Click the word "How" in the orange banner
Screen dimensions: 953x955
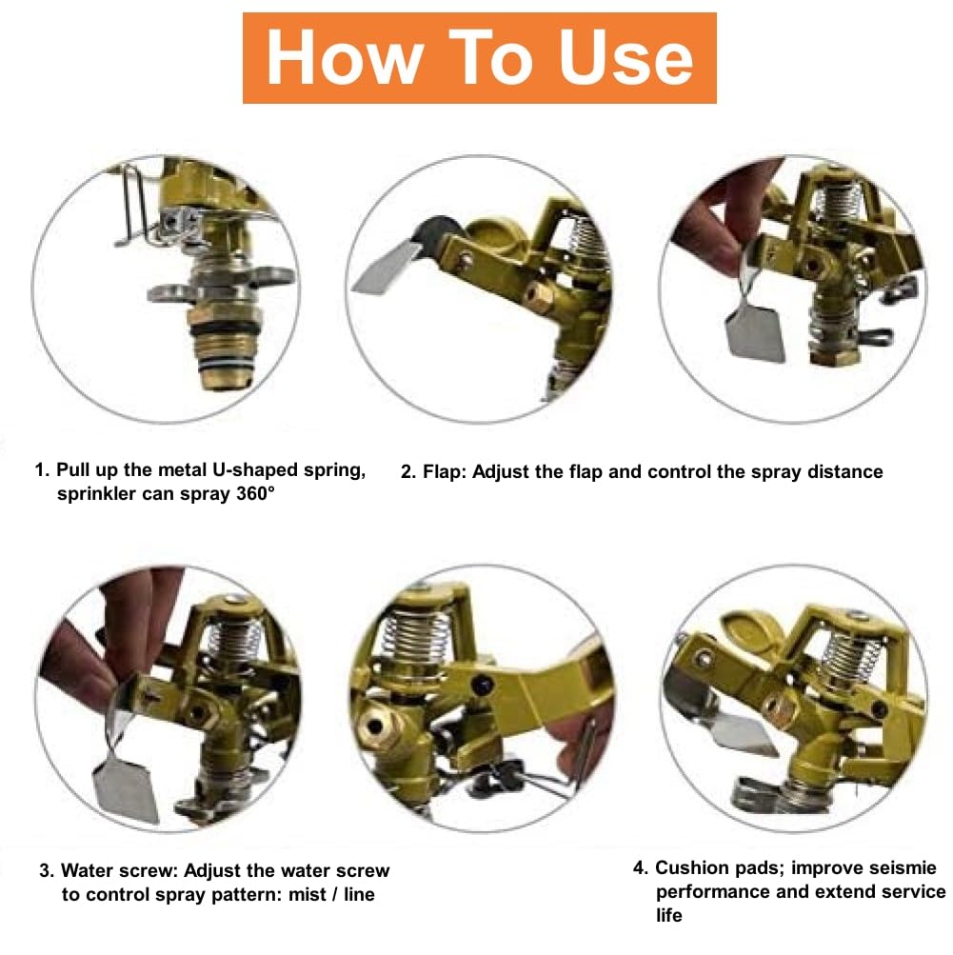346,58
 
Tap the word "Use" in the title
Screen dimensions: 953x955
626,58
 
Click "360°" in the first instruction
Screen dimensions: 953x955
256,492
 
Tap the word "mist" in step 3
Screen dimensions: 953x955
307,894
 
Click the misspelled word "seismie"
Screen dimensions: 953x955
903,867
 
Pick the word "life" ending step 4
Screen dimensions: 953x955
668,915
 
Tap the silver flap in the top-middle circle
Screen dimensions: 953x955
385,268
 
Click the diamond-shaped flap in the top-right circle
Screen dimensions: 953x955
756,332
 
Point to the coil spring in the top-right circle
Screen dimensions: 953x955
841,202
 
